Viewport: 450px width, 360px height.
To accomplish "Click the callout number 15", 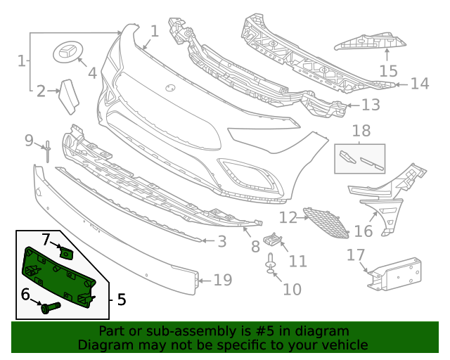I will [x=388, y=71].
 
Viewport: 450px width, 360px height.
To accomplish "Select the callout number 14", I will [x=419, y=84].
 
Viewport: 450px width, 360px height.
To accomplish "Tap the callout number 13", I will [x=371, y=105].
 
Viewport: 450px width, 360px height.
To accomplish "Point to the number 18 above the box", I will [x=361, y=131].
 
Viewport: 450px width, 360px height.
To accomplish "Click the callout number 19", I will [x=222, y=281].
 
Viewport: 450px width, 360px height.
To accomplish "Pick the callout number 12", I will [x=288, y=217].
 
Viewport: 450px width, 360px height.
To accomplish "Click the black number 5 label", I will [x=121, y=300].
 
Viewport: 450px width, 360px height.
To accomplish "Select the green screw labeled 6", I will [x=49, y=307].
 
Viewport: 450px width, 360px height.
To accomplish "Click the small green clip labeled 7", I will [x=67, y=251].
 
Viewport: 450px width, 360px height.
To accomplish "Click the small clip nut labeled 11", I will [x=274, y=241].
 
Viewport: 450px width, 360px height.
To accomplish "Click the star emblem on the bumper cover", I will [x=169, y=88].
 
